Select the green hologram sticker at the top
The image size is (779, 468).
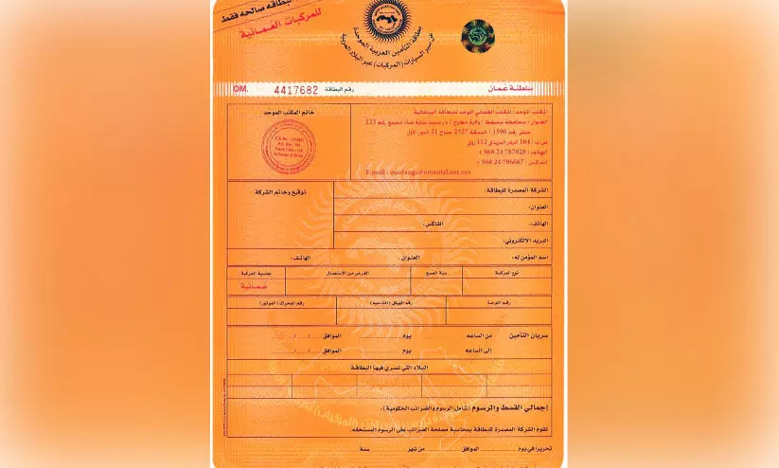pyautogui.click(x=477, y=36)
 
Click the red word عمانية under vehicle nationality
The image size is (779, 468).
pyautogui.click(x=255, y=284)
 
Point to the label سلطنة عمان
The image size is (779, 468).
pyautogui.click(x=525, y=89)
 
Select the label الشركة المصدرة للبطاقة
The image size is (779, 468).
pyautogui.click(x=520, y=190)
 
